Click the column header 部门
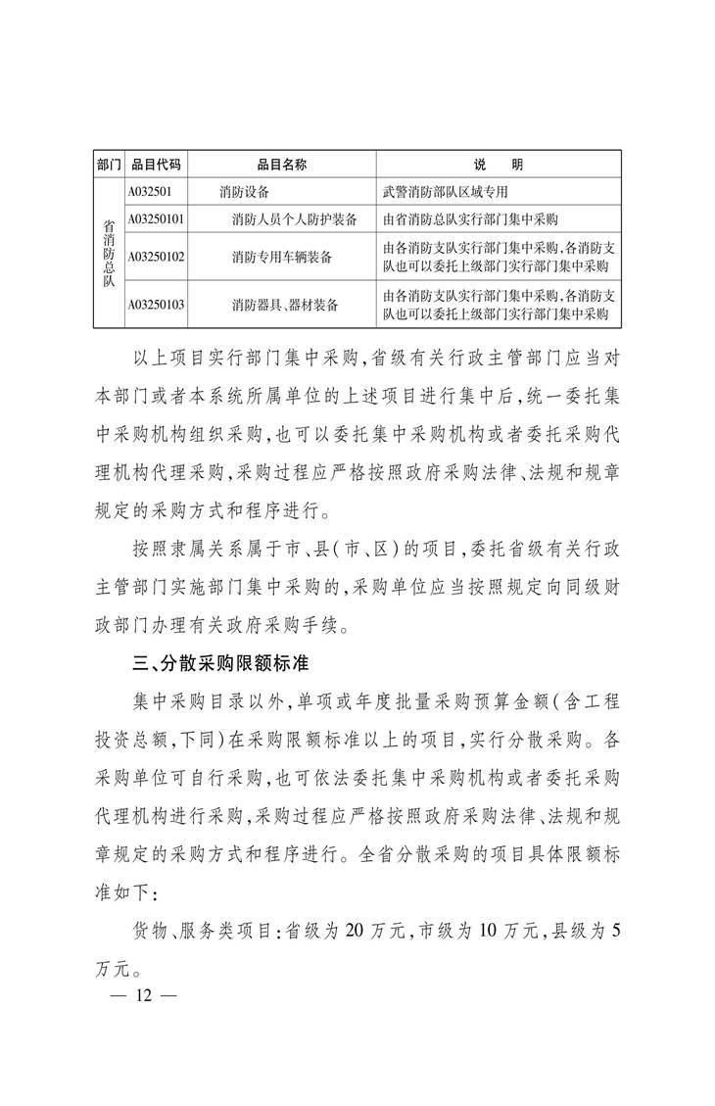pyautogui.click(x=109, y=164)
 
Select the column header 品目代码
pyautogui.click(x=156, y=164)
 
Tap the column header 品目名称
pyautogui.click(x=282, y=164)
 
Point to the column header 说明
pyautogui.click(x=500, y=164)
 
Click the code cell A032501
pyautogui.click(x=151, y=191)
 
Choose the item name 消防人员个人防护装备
pyautogui.click(x=294, y=218)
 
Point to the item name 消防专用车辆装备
pyautogui.click(x=282, y=257)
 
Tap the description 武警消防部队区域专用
pyautogui.click(x=446, y=192)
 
